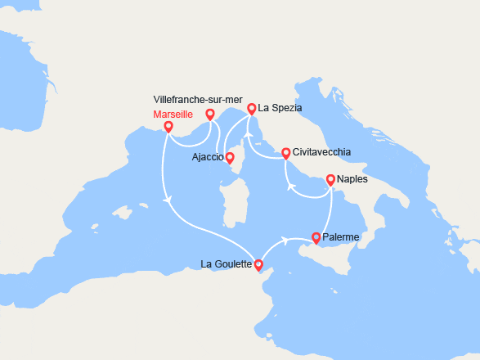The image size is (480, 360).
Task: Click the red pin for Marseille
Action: (168, 127)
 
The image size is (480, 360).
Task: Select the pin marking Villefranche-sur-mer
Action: (210, 115)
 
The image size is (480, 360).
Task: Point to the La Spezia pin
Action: (251, 108)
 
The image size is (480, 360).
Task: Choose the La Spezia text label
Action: (280, 107)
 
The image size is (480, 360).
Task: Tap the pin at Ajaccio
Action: (230, 158)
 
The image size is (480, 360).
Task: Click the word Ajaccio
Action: (208, 157)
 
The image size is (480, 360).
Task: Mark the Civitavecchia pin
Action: (285, 153)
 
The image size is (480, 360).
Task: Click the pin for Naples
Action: (330, 179)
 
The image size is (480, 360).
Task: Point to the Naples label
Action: (352, 178)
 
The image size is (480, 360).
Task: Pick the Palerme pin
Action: (316, 238)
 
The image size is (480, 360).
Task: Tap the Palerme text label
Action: (341, 237)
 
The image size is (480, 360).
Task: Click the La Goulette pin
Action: (258, 264)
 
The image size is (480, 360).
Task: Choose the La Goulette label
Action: (227, 263)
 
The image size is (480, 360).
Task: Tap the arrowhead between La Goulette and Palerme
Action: (285, 240)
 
